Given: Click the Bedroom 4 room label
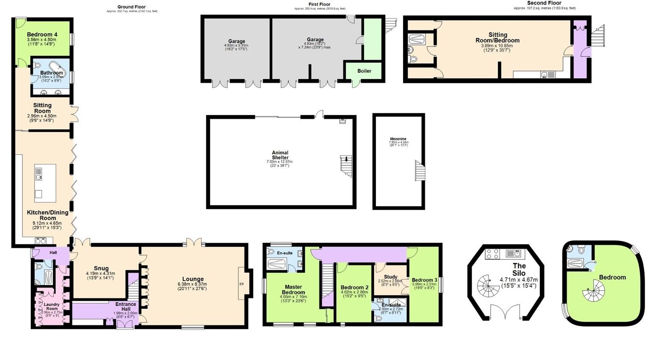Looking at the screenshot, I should click(x=42, y=35).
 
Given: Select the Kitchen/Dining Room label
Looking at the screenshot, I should click(x=41, y=215).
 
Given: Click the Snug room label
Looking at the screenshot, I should click(x=101, y=268).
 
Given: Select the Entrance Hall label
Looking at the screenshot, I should click(x=126, y=307).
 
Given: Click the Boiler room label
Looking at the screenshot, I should click(x=364, y=71).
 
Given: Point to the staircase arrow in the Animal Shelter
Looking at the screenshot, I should click(x=346, y=159).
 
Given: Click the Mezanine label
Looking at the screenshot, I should click(x=398, y=139).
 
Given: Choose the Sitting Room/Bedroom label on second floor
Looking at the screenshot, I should click(x=497, y=38).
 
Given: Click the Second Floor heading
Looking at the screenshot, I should click(x=544, y=3).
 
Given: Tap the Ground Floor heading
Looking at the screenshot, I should click(x=132, y=7).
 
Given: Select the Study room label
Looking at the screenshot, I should click(x=390, y=277).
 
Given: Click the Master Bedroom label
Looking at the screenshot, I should click(x=293, y=289).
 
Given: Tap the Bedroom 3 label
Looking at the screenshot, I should click(x=424, y=280).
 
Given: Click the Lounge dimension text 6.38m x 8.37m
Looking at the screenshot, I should click(x=193, y=284).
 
